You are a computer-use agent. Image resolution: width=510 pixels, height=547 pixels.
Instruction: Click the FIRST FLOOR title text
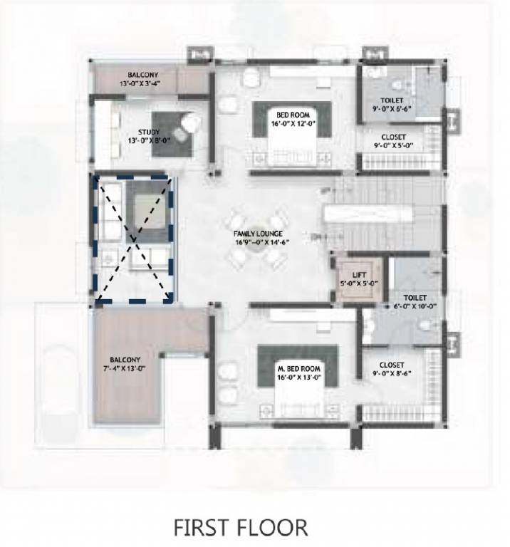click(241, 528)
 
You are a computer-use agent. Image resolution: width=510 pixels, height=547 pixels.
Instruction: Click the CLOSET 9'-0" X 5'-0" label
click(393, 141)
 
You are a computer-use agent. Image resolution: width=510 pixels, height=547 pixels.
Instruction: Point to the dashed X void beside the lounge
click(134, 239)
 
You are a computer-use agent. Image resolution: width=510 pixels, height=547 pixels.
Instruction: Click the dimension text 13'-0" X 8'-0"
click(147, 140)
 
